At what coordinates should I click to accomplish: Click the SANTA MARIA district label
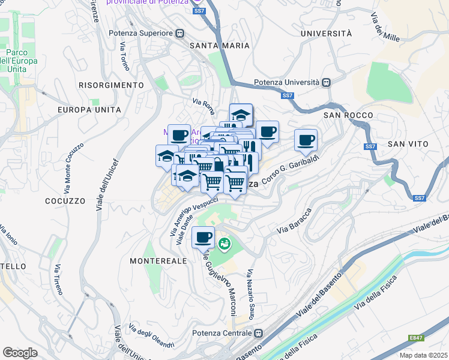(x=219, y=46)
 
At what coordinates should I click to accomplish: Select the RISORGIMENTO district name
(x=111, y=85)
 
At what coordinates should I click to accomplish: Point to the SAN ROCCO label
(x=348, y=115)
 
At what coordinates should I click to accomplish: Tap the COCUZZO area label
(x=63, y=200)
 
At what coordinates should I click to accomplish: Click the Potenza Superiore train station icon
(x=179, y=34)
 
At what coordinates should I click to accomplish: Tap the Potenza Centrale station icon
(x=259, y=333)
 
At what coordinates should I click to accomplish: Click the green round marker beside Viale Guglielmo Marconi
(x=224, y=244)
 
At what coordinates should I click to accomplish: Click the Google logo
(x=20, y=353)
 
